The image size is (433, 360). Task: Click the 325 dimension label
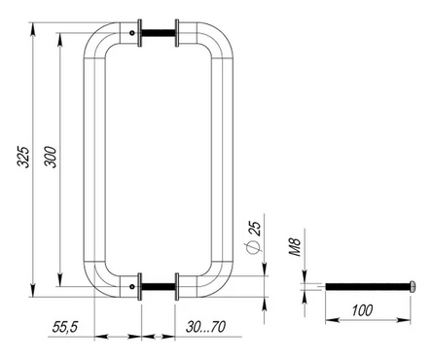pyautogui.click(x=23, y=157)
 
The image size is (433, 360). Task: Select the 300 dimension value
pyautogui.click(x=51, y=157)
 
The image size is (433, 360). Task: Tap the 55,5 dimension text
pyautogui.click(x=65, y=327)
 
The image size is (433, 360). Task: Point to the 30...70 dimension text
pyautogui.click(x=205, y=327)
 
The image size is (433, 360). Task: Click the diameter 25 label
pyautogui.click(x=254, y=237)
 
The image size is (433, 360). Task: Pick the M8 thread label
pyautogui.click(x=295, y=247)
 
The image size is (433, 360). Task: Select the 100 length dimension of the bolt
pyautogui.click(x=362, y=310)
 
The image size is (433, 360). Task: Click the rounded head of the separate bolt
pyautogui.click(x=413, y=286)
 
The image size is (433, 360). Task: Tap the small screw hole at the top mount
pyautogui.click(x=132, y=33)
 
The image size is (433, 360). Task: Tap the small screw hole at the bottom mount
pyautogui.click(x=132, y=286)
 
